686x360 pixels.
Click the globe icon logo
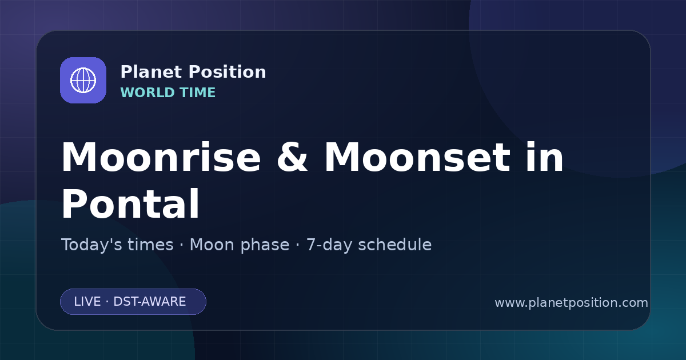[x=83, y=80]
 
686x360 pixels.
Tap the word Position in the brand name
[x=228, y=72]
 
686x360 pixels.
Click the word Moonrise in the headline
[x=161, y=157]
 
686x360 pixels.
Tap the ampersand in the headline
[x=292, y=157]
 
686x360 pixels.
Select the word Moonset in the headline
[x=417, y=157]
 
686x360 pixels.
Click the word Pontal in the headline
[x=130, y=203]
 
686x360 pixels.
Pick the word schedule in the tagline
[x=395, y=245]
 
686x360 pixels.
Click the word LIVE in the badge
[x=87, y=302]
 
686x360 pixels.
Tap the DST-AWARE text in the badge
[x=149, y=302]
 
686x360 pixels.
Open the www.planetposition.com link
[x=572, y=303]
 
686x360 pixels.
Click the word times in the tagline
[x=150, y=245]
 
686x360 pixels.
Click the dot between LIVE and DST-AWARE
[x=107, y=302]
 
